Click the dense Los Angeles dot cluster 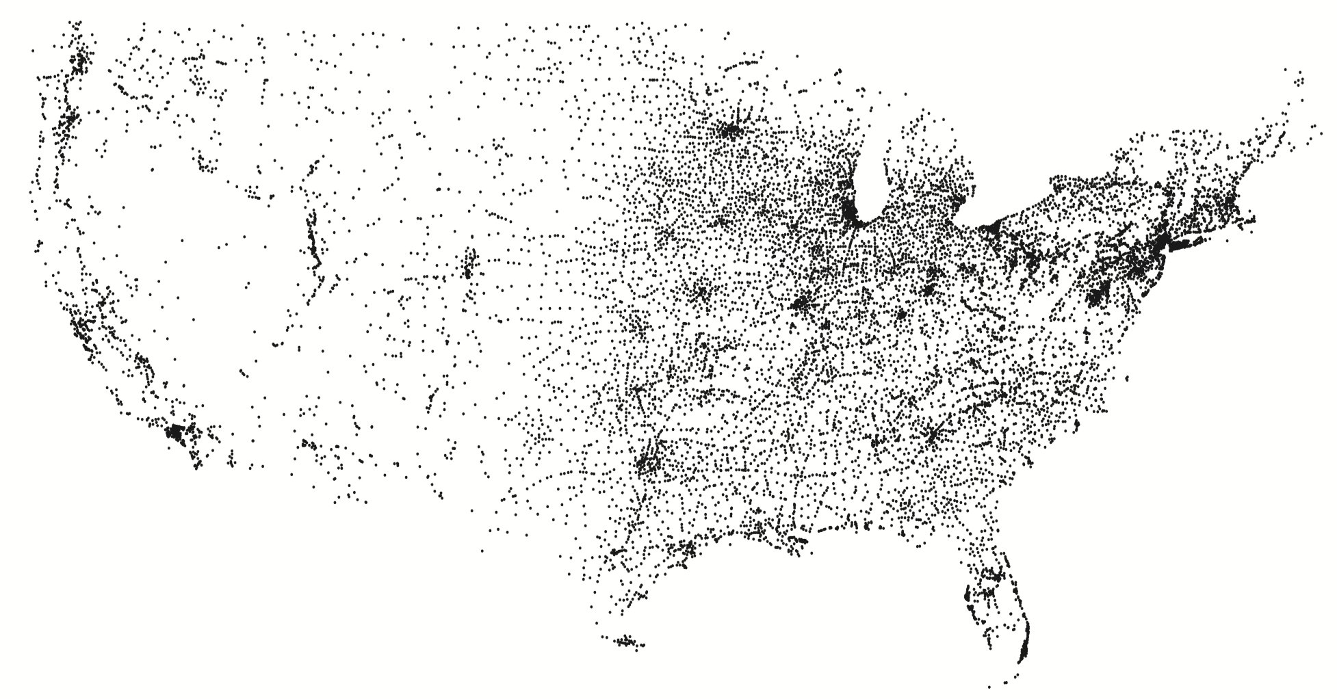177,433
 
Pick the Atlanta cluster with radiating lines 932,435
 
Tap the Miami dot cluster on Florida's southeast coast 1024,646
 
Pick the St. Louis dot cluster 802,303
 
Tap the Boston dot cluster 1230,203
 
